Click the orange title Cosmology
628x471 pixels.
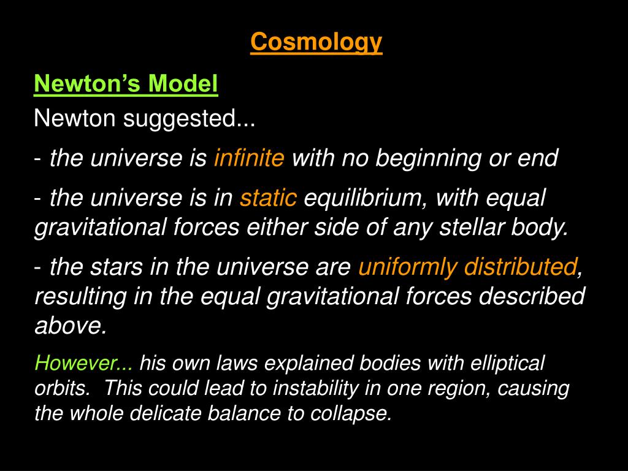pos(316,42)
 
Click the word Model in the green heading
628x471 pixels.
pos(183,83)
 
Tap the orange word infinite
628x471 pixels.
pos(249,158)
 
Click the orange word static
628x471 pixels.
pos(269,198)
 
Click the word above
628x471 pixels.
pos(71,325)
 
